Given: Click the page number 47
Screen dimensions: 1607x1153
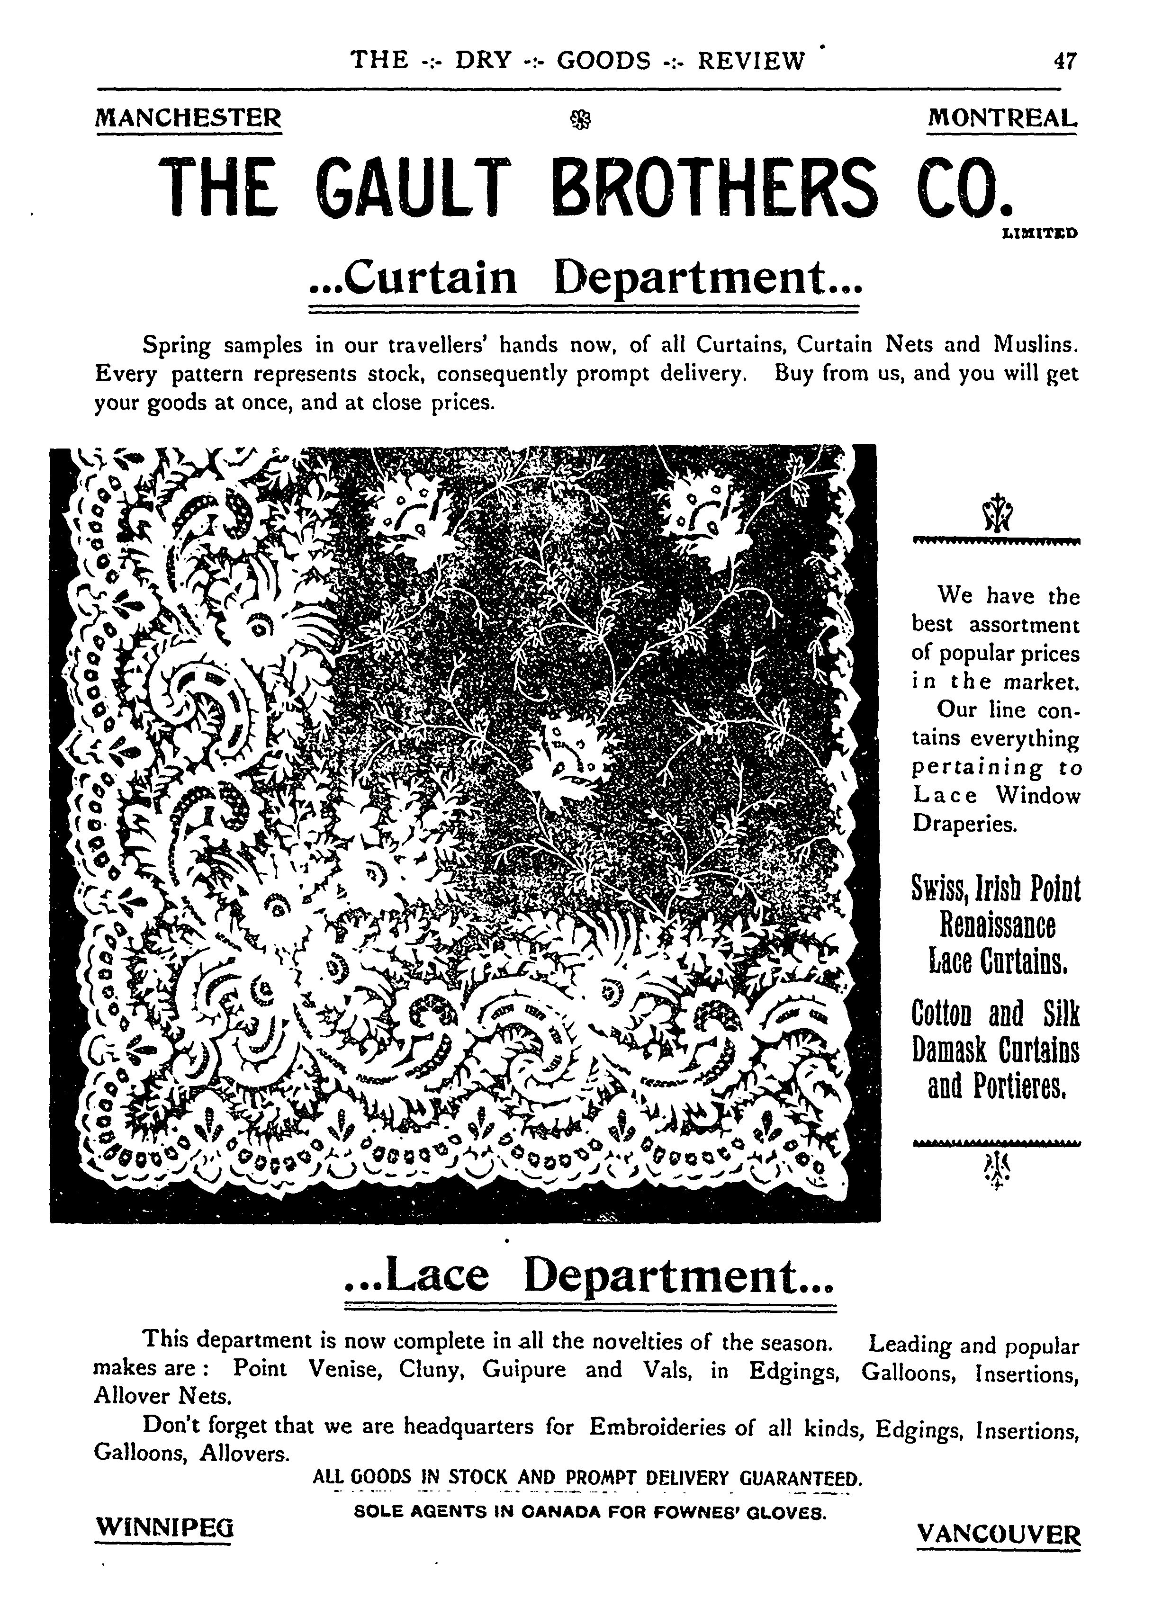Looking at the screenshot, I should click(x=1065, y=61).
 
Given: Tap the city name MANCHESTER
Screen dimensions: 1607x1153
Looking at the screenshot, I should click(x=189, y=117).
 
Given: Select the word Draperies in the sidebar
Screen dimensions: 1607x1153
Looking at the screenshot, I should click(x=964, y=824).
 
